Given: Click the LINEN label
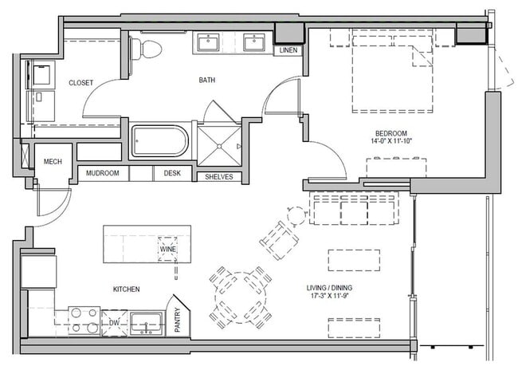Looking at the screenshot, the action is pyautogui.click(x=288, y=50).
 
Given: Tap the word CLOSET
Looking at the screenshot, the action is pyautogui.click(x=81, y=83).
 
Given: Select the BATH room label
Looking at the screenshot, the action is pyautogui.click(x=207, y=80).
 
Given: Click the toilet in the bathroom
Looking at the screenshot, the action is pyautogui.click(x=146, y=49).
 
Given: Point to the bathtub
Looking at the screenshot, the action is pyautogui.click(x=160, y=141).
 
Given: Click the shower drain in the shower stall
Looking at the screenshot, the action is pyautogui.click(x=219, y=146).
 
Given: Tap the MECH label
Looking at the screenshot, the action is pyautogui.click(x=53, y=161).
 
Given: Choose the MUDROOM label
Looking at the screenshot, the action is pyautogui.click(x=103, y=173).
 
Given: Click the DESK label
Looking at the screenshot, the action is pyautogui.click(x=172, y=173).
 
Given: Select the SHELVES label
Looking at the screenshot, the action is pyautogui.click(x=218, y=176).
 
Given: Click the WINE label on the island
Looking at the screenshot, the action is pyautogui.click(x=168, y=249).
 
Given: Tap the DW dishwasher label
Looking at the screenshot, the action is pyautogui.click(x=114, y=323).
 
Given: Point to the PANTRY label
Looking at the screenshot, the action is pyautogui.click(x=178, y=320).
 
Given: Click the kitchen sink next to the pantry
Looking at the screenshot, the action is pyautogui.click(x=146, y=324).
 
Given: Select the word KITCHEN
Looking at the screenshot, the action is pyautogui.click(x=126, y=289).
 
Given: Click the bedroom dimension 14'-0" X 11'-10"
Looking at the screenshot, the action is pyautogui.click(x=391, y=141).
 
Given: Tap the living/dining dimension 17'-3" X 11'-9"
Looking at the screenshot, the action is pyautogui.click(x=329, y=295).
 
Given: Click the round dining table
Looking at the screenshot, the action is pyautogui.click(x=241, y=297).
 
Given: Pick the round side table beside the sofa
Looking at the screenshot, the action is pyautogui.click(x=297, y=216).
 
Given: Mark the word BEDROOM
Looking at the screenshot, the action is pyautogui.click(x=391, y=134).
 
